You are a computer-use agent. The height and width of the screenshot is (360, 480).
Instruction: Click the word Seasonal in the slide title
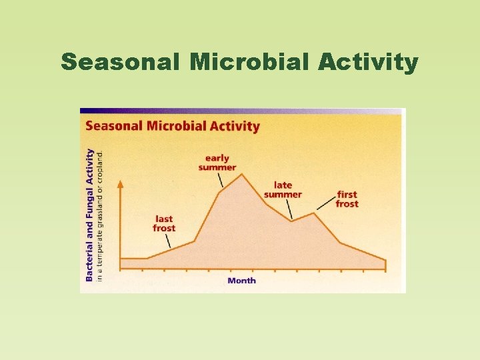point(120,62)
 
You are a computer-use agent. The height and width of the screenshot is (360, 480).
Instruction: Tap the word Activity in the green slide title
point(368,62)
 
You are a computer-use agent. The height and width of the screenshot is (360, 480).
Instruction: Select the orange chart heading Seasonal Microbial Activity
point(172,126)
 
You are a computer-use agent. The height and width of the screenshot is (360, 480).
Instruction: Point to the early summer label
point(217,163)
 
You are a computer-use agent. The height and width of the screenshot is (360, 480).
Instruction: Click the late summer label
point(283,189)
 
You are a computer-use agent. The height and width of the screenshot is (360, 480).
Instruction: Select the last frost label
point(164,223)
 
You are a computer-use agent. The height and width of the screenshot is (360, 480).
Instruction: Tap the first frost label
point(347,199)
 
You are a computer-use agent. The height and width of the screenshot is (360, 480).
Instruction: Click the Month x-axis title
point(241,281)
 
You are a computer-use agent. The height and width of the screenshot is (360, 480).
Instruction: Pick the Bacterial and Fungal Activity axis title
point(89,214)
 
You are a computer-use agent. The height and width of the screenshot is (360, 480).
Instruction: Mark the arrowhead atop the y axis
point(120,182)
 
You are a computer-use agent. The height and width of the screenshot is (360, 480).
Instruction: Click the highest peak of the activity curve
point(241,174)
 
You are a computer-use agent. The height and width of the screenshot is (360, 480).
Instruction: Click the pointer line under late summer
point(289,209)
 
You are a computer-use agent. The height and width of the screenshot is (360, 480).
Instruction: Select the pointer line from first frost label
point(327,203)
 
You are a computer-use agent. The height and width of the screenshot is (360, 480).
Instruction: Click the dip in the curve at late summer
point(291,221)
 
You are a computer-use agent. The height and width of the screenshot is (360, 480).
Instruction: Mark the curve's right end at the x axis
point(385,261)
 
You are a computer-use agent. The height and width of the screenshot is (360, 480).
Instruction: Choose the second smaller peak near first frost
point(314,213)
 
